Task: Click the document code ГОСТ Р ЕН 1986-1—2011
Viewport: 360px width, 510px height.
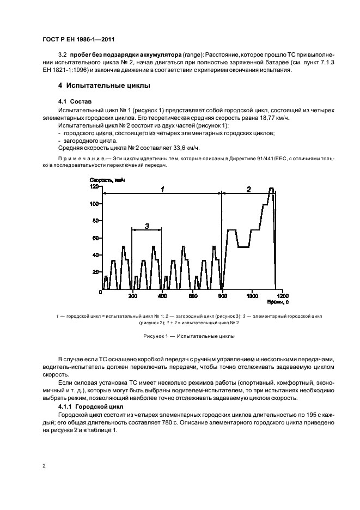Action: point(77,40)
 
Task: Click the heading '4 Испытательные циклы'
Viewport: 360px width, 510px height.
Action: point(104,86)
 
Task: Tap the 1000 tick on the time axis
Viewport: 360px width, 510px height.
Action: point(252,296)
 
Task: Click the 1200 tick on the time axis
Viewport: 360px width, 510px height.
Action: point(282,296)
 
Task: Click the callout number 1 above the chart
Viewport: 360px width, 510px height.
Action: point(162,189)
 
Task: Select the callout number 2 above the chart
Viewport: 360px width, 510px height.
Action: point(248,189)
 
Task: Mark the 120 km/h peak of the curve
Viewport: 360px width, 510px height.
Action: point(271,188)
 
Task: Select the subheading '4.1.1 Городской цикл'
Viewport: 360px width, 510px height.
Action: point(90,407)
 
